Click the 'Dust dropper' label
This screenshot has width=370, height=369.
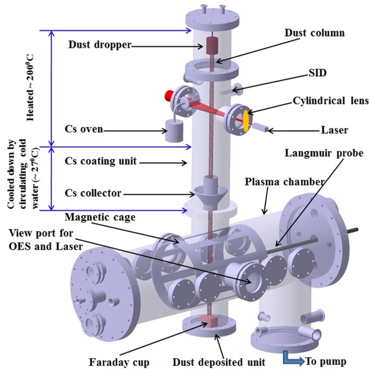point(100,45)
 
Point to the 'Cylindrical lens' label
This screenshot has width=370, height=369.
point(315,101)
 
